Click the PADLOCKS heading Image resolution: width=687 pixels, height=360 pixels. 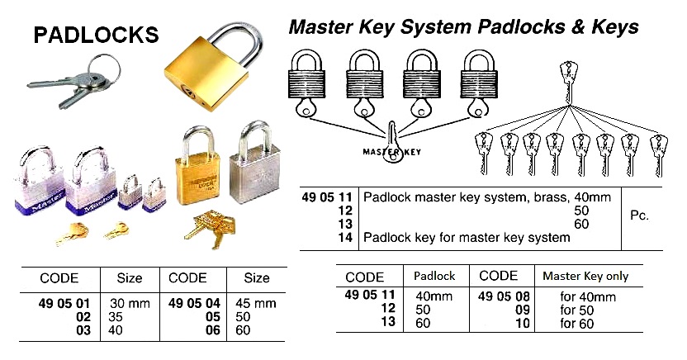(x=95, y=34)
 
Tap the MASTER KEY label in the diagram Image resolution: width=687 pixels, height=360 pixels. (x=391, y=152)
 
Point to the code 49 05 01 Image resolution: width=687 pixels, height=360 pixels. (x=63, y=303)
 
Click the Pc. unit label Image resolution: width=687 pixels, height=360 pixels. (x=639, y=216)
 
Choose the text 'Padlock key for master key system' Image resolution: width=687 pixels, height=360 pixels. (x=467, y=238)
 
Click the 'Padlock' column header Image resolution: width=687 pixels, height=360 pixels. (x=424, y=277)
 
